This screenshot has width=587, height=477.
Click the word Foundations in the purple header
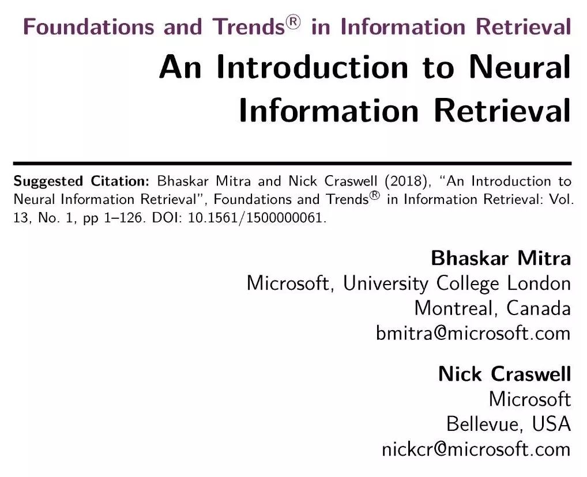click(89, 27)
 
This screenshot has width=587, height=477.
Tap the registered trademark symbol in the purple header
click(294, 22)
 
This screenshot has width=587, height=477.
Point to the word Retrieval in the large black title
click(502, 111)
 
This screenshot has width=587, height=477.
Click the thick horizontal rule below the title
click(292, 164)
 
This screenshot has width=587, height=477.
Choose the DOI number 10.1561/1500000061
click(257, 218)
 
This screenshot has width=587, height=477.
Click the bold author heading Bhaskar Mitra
click(501, 259)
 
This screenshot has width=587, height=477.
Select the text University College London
click(457, 284)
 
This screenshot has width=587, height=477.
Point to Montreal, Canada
click(492, 309)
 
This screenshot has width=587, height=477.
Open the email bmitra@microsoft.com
click(473, 334)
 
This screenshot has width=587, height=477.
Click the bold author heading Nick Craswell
click(505, 374)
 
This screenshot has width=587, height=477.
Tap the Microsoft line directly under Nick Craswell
click(530, 399)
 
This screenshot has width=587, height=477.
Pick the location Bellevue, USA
click(509, 424)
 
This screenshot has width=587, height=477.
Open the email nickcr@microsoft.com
click(476, 449)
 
